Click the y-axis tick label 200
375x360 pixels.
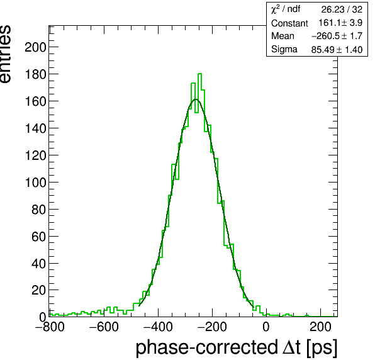point(35,47)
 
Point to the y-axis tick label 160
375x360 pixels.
point(35,101)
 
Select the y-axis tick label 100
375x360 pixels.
point(35,183)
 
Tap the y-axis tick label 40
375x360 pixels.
point(38,264)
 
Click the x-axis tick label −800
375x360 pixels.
point(50,327)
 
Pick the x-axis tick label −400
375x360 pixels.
point(158,327)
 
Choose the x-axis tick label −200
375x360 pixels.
point(212,327)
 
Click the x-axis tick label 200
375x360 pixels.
point(320,327)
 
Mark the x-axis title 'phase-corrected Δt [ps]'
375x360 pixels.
point(237,347)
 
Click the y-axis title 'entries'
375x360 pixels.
point(5,54)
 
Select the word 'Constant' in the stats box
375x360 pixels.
point(289,23)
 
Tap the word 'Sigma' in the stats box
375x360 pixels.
point(284,49)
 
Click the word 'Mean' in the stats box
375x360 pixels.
point(283,36)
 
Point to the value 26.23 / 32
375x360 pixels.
point(342,9)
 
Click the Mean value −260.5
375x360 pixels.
point(325,36)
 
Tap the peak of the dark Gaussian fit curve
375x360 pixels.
point(196,99)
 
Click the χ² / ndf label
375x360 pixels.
point(286,9)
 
